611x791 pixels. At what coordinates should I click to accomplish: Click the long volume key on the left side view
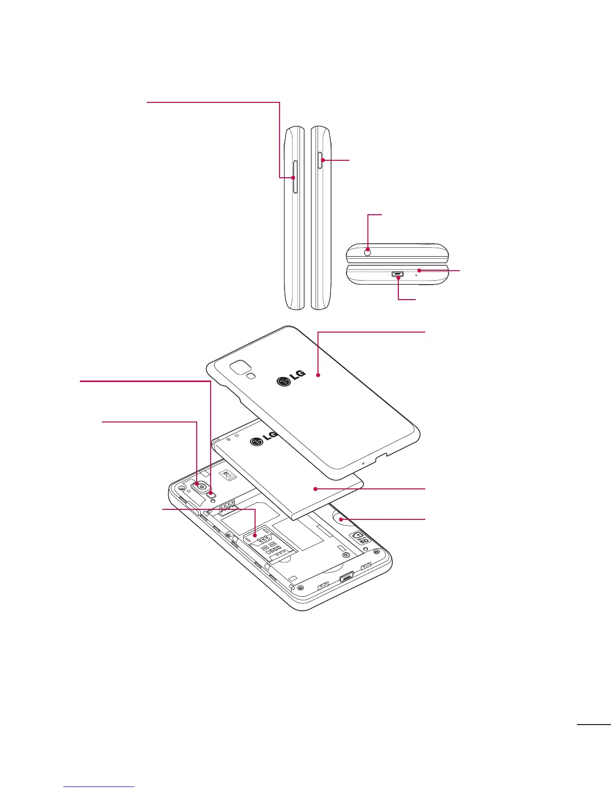click(x=296, y=177)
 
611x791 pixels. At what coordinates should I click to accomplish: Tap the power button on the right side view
click(x=321, y=160)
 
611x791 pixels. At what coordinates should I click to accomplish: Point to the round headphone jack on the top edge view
click(x=368, y=252)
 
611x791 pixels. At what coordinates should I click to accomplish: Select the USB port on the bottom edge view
click(x=397, y=274)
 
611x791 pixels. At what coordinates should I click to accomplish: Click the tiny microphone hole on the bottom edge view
click(x=416, y=275)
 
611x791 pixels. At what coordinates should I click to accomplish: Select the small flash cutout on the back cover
click(x=253, y=376)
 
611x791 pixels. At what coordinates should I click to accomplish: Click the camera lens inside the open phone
click(x=201, y=486)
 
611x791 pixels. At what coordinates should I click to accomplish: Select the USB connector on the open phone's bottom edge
click(x=346, y=578)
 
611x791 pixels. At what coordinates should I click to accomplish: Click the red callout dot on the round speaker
click(x=341, y=519)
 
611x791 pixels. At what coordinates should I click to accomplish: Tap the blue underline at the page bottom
click(x=99, y=787)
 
